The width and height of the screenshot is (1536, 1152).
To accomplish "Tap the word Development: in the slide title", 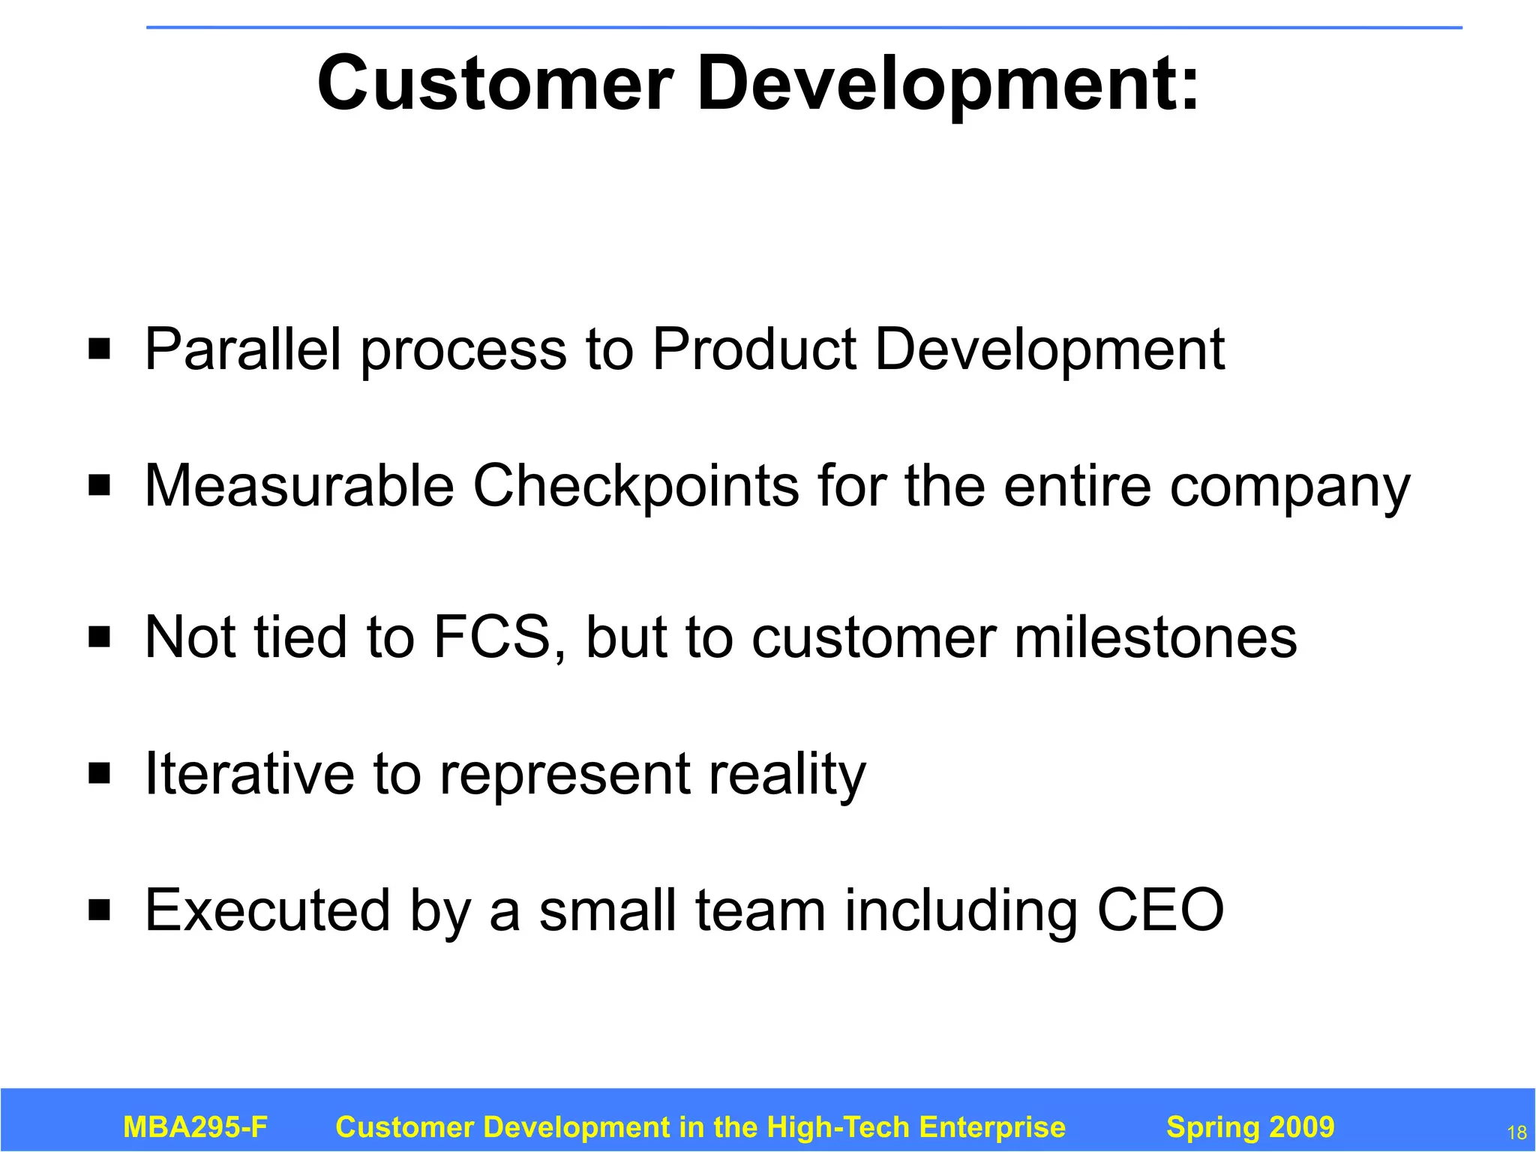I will pos(948,85).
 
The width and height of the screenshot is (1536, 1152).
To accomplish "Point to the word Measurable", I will pos(299,486).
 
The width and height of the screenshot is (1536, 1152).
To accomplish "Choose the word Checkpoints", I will pos(636,486).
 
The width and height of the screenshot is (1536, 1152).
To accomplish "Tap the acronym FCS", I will pos(493,637).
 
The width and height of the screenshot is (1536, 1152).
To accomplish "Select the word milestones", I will pos(1155,637).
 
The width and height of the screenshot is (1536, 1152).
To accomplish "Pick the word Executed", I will pos(268,910).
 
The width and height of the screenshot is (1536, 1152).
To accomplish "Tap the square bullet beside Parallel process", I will pos(99,349).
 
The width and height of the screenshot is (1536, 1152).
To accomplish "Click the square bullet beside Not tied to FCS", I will pos(99,637).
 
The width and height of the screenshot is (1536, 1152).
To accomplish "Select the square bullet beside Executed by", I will pos(99,910).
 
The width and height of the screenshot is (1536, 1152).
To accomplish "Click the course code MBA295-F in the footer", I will pos(195,1127).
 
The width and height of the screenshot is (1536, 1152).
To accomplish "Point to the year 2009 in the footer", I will pos(1297,1127).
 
